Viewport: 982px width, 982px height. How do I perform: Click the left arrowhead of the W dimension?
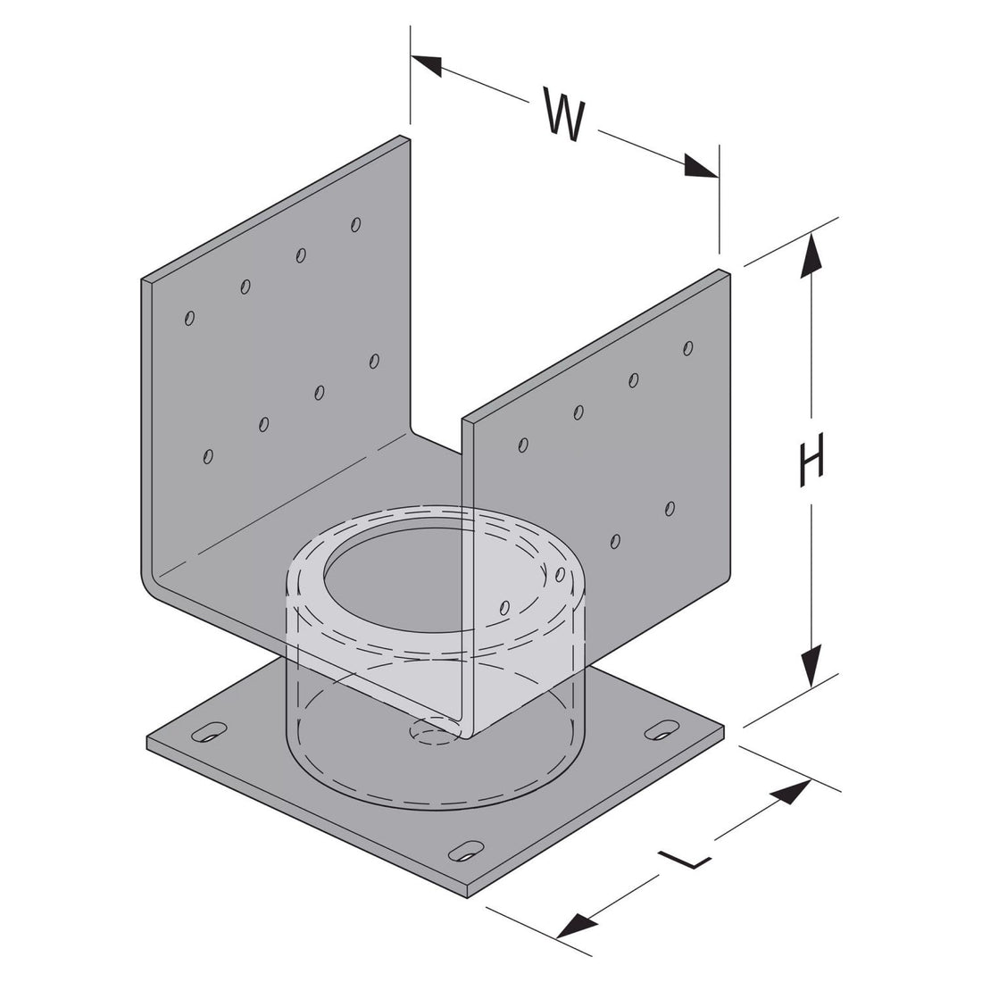point(426,65)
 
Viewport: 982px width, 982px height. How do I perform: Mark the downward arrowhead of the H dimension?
point(811,666)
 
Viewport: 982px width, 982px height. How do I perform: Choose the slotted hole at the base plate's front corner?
point(466,850)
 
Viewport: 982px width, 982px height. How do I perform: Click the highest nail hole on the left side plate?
point(355,223)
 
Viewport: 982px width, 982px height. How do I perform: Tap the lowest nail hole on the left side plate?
point(208,456)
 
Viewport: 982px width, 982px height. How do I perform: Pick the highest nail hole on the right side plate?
point(687,347)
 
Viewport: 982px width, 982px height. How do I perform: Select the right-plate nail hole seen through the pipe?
point(505,607)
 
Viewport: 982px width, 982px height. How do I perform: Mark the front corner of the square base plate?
point(472,890)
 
